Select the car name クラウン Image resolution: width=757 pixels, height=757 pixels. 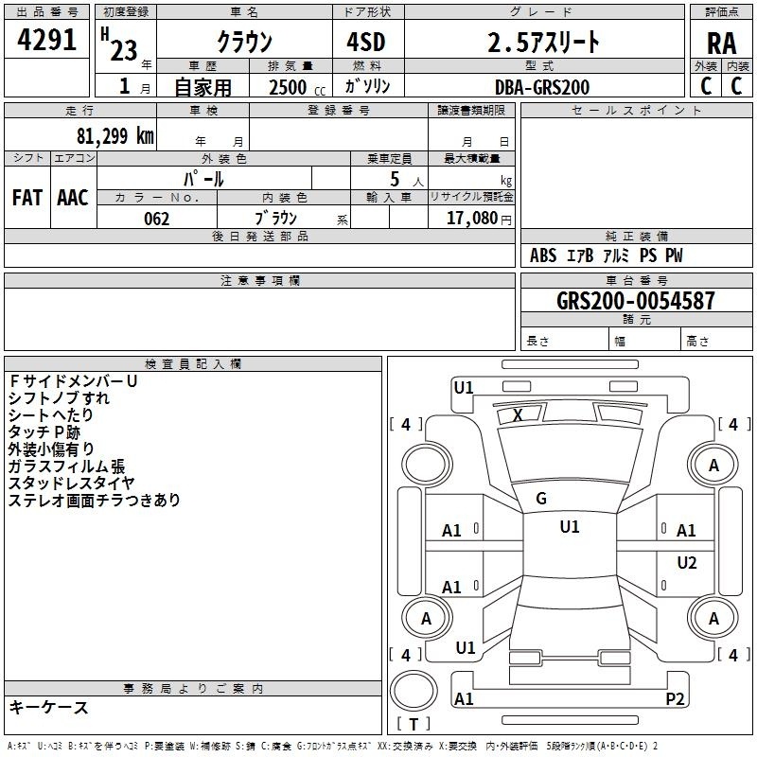[244, 42]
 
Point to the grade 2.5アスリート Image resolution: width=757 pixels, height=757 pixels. [543, 42]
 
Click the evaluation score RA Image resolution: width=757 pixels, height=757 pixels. [721, 44]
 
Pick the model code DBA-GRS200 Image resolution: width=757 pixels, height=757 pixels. [542, 87]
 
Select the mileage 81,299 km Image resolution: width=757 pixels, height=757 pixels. [114, 134]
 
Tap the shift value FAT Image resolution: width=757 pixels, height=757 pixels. [27, 198]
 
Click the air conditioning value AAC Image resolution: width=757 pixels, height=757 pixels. [73, 198]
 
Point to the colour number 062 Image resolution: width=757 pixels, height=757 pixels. [156, 219]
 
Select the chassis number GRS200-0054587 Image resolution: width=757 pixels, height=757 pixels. [636, 301]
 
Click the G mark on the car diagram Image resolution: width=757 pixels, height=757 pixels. [541, 499]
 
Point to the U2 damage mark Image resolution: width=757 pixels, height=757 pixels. [686, 563]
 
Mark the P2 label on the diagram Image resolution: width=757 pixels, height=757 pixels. [675, 699]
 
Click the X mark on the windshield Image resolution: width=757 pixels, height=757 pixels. [518, 414]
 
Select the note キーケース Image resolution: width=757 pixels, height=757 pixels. [48, 708]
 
